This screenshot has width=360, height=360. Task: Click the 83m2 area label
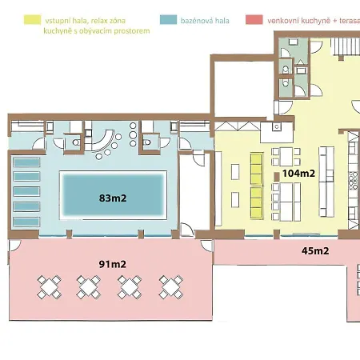[x=113, y=198]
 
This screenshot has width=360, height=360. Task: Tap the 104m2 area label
[x=298, y=174]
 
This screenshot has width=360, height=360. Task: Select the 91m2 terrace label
[x=113, y=264]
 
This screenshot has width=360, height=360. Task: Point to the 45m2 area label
[x=315, y=251]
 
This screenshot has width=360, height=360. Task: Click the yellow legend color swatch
[x=33, y=20]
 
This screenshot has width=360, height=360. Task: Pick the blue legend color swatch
[x=168, y=20]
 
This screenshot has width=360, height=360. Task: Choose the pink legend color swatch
[x=254, y=20]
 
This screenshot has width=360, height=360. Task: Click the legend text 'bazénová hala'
[x=205, y=21]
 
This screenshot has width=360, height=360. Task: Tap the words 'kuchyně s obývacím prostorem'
[x=97, y=31]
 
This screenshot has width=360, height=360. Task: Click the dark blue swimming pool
[x=114, y=195]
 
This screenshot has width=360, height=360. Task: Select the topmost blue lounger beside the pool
[x=26, y=162]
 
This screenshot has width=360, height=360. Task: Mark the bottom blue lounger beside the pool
[x=26, y=222]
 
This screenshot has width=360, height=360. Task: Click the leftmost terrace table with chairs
[x=50, y=287]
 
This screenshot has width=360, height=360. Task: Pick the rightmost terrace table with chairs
[x=171, y=287]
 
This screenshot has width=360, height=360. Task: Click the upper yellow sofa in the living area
[x=256, y=169]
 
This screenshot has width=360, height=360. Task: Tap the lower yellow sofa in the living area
[x=256, y=203]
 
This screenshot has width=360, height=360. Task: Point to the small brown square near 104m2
[x=277, y=177]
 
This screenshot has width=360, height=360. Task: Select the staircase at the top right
[x=346, y=46]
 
